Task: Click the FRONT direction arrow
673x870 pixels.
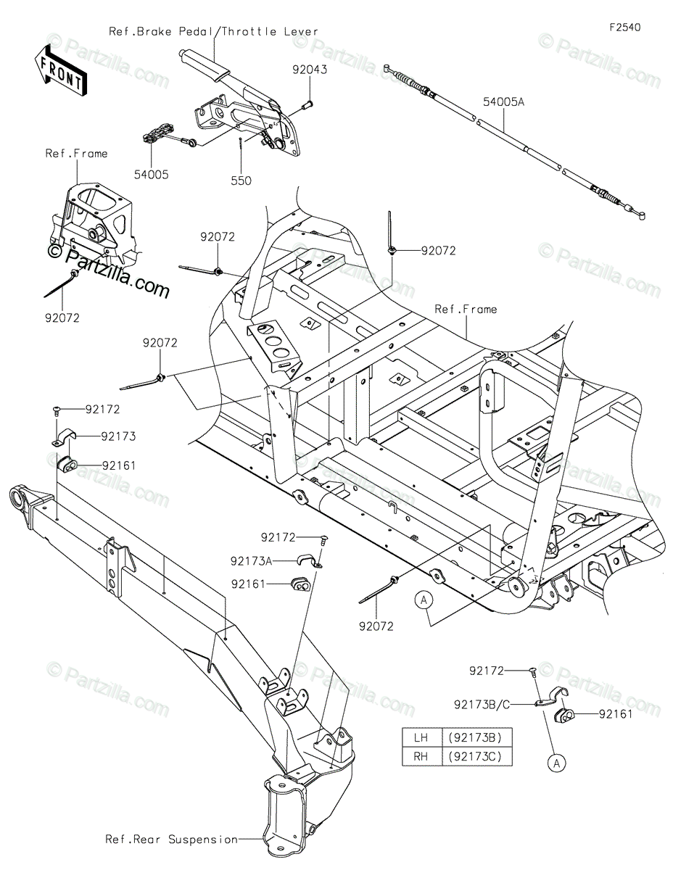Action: coord(60,71)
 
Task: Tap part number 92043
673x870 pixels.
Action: coord(310,70)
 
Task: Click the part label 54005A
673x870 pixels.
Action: coord(503,103)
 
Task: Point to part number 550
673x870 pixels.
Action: coord(241,181)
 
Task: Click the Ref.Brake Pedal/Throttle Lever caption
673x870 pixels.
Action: coord(213,32)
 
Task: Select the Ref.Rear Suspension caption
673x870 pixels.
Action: coord(171,840)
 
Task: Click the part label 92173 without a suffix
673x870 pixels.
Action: coord(118,436)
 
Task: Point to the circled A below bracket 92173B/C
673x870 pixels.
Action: coord(556,763)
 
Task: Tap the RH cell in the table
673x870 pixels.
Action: coord(421,756)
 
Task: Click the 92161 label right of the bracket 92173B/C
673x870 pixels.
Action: coord(617,714)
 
